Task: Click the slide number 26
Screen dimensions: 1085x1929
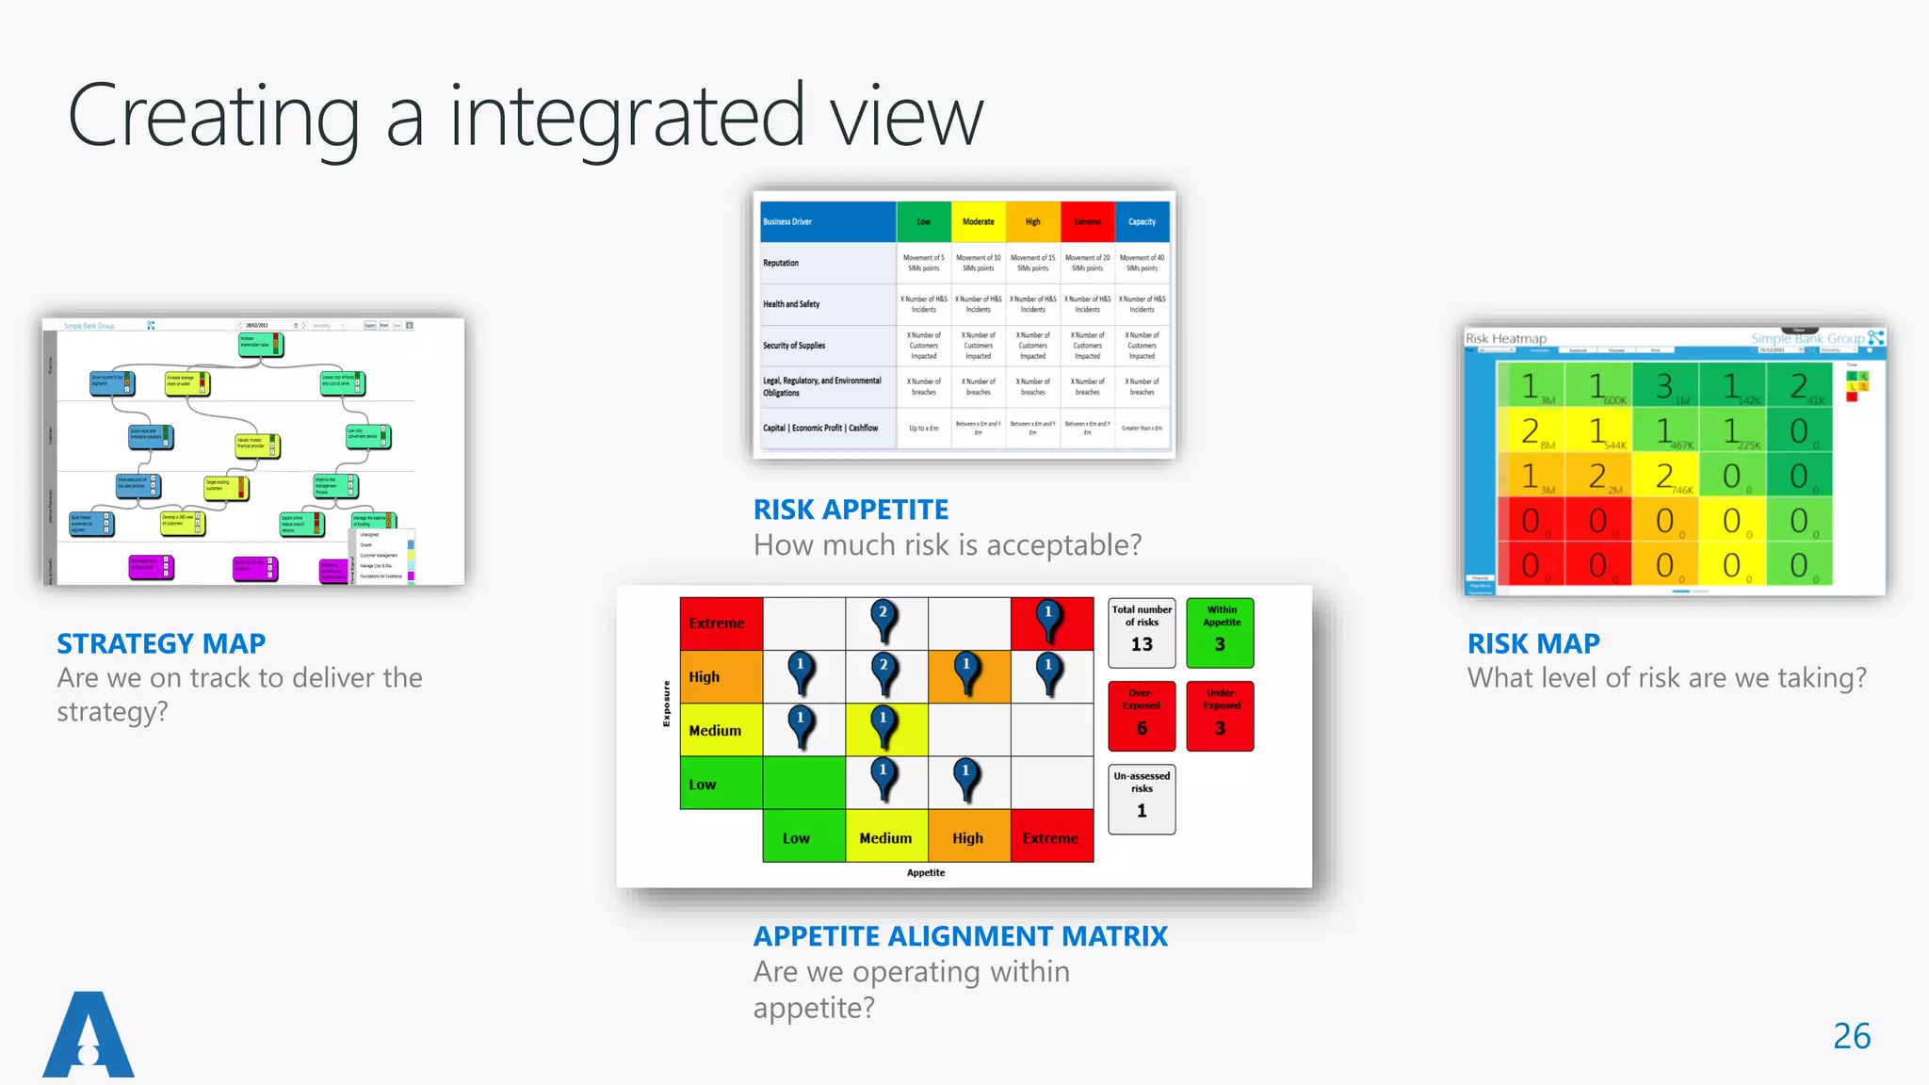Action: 1851,1036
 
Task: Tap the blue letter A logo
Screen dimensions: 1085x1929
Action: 89,1036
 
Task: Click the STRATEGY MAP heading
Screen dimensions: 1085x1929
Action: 161,643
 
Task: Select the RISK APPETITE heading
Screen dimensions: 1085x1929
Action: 851,510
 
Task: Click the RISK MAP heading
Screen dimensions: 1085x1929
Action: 1533,643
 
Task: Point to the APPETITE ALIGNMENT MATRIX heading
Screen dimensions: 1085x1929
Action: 960,936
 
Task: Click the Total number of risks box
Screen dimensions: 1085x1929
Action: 1142,632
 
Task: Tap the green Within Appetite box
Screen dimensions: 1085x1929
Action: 1220,632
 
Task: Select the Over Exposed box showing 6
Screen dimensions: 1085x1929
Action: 1142,716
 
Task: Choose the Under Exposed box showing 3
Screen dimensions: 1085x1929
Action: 1220,716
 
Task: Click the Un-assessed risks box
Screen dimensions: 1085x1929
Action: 1142,799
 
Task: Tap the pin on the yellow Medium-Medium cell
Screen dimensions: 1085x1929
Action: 883,726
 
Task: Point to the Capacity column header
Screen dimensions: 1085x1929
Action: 1142,222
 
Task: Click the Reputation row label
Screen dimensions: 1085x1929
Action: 781,263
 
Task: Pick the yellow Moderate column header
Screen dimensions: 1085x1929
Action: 978,222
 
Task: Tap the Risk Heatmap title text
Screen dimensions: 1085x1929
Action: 1505,339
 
